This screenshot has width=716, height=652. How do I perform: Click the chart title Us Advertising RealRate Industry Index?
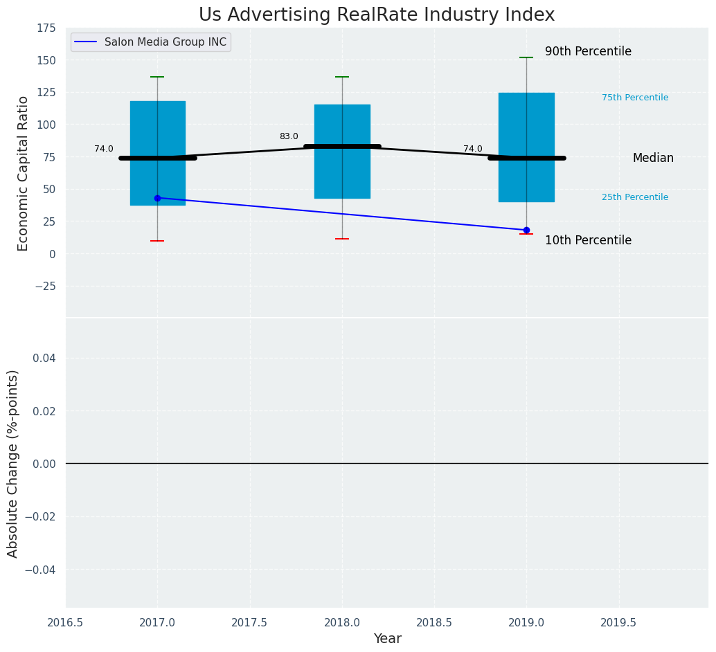[x=376, y=15]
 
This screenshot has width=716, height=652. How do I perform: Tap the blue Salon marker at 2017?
[x=157, y=198]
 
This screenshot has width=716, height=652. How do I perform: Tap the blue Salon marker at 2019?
[x=526, y=230]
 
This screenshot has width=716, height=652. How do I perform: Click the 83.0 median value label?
[x=289, y=136]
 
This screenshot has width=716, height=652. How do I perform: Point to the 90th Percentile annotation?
[x=588, y=52]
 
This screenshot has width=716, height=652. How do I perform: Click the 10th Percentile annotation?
[x=588, y=241]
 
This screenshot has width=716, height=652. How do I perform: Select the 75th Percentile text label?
[x=634, y=98]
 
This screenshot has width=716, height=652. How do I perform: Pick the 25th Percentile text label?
[x=634, y=197]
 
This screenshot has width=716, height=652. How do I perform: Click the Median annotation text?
[x=652, y=158]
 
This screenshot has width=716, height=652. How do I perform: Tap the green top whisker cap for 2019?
[x=526, y=57]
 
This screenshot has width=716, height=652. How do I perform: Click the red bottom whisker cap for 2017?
[x=157, y=241]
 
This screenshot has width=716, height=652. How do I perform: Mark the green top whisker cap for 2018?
[x=342, y=77]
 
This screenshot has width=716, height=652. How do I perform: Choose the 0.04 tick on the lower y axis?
[x=44, y=358]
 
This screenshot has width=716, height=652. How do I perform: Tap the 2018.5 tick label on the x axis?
[x=434, y=623]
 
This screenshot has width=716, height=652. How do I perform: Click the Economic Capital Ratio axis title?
[x=24, y=173]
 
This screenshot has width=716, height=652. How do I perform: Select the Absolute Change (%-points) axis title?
[x=13, y=463]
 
